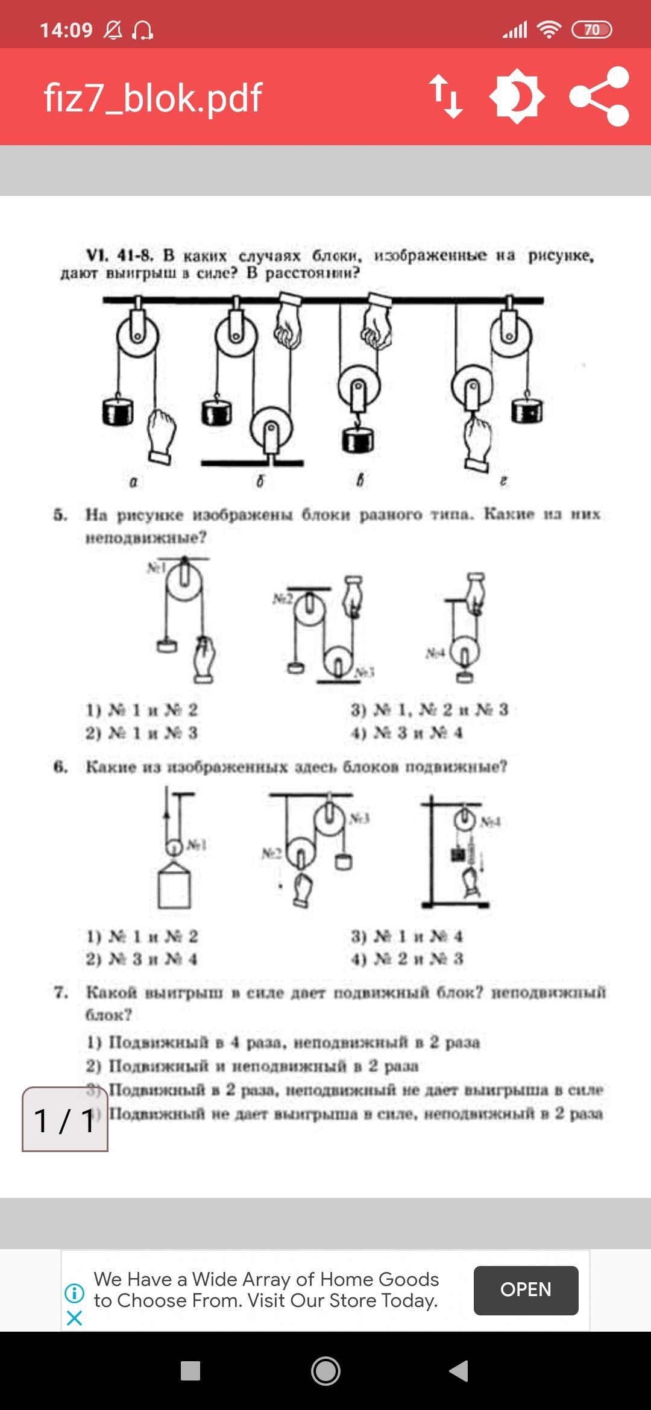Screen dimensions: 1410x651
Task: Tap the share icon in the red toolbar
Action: coord(600,96)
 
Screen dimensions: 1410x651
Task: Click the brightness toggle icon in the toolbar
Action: coord(517,96)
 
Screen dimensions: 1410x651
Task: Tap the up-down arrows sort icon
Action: coord(446,96)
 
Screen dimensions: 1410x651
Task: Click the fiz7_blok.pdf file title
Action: coord(153,98)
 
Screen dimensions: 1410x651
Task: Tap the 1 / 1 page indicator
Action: coord(65,1120)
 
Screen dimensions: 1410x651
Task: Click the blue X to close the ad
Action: coord(75,1318)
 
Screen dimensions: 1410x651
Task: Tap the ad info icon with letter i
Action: coord(75,1292)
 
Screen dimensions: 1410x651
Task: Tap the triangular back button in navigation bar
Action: coord(459,1371)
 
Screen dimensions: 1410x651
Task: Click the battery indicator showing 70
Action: coord(591,30)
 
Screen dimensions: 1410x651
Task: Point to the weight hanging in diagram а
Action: coord(118,412)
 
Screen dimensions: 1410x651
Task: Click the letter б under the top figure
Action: coord(260,481)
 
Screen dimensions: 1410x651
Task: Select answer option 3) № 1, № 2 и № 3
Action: coord(430,710)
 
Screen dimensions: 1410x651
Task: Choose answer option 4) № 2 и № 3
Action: coord(407,959)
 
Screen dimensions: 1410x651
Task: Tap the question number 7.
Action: coord(60,992)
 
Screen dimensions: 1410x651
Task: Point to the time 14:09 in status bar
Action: coord(66,30)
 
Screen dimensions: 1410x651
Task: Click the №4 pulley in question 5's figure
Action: coord(465,651)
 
